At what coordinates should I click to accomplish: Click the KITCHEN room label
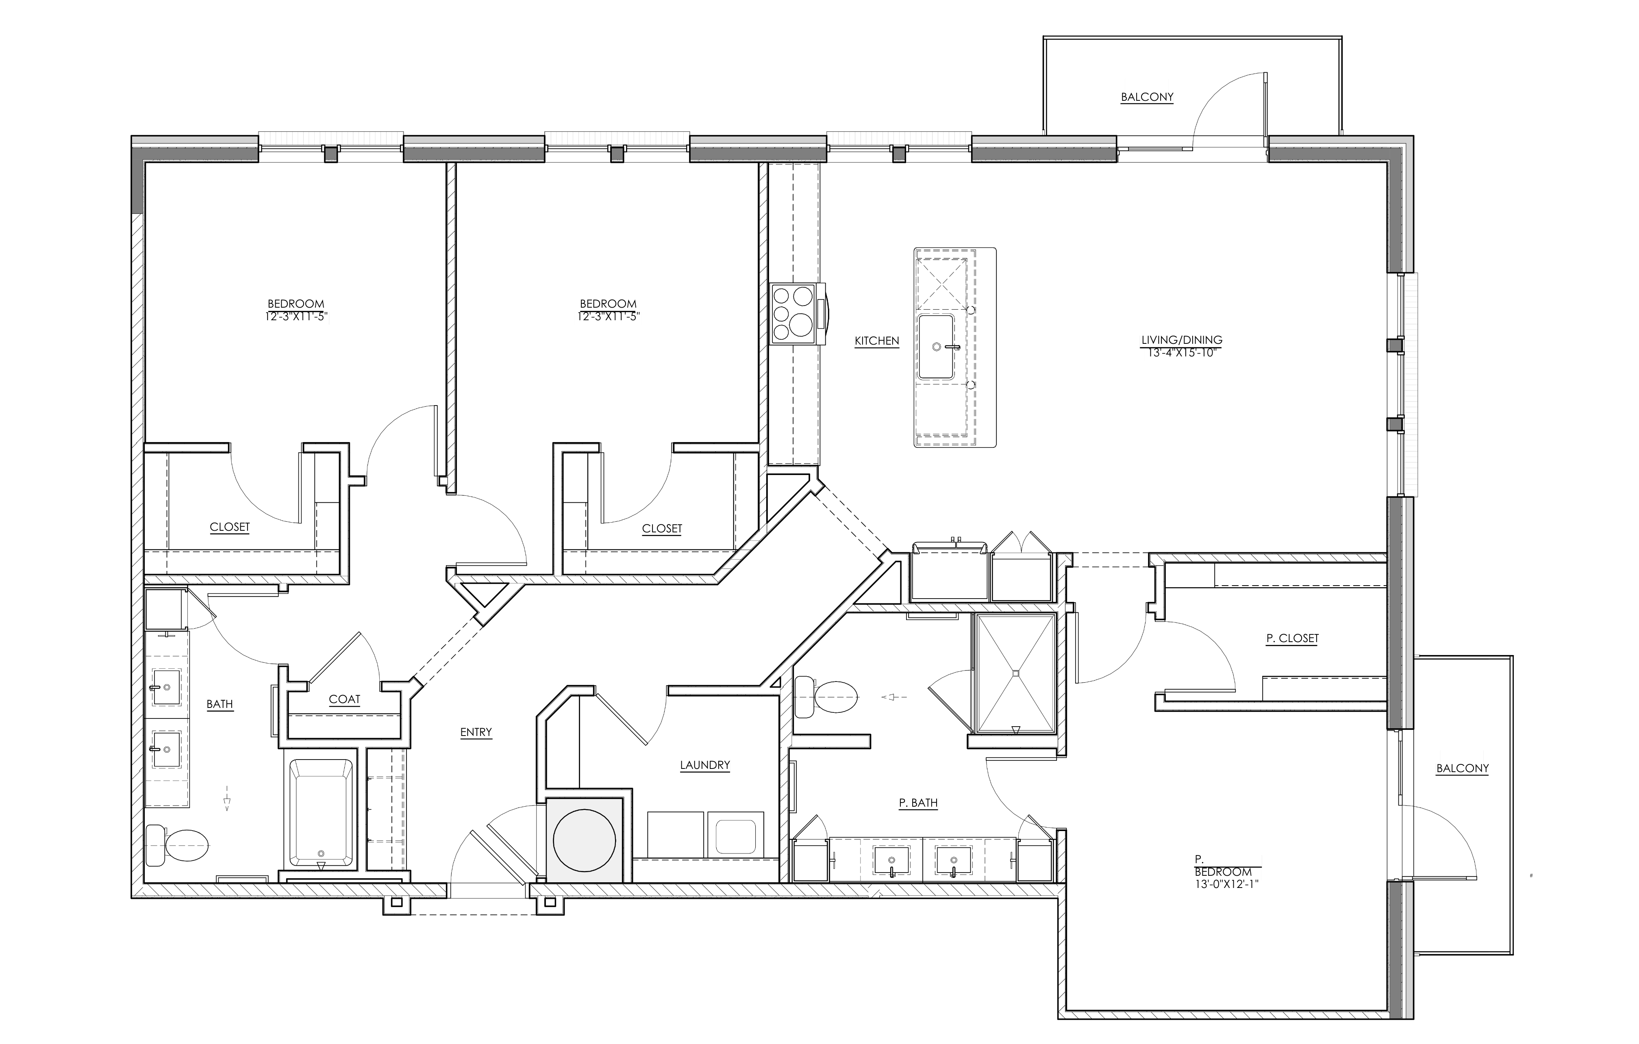pyautogui.click(x=877, y=341)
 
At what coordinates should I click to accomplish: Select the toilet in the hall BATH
pyautogui.click(x=178, y=845)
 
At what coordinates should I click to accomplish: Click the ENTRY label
pyautogui.click(x=476, y=732)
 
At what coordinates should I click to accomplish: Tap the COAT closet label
pyautogui.click(x=344, y=700)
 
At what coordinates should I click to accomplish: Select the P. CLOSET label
pyautogui.click(x=1292, y=638)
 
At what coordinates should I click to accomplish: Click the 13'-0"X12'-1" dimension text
pyautogui.click(x=1222, y=885)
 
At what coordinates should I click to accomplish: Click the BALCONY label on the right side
pyautogui.click(x=1462, y=768)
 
